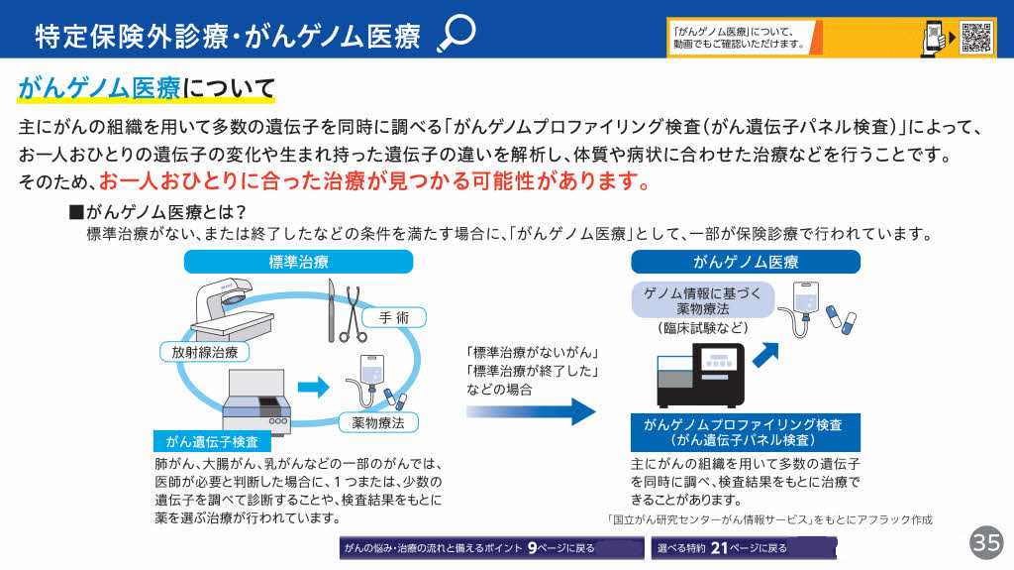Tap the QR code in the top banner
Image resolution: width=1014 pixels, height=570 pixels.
(976, 37)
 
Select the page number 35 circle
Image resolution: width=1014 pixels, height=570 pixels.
(986, 542)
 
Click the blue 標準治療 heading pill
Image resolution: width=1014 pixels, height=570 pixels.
(298, 262)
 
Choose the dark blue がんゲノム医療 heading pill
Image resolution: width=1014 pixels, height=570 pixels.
(746, 262)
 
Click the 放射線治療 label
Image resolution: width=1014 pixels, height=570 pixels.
(205, 351)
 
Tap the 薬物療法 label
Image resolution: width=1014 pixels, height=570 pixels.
(377, 422)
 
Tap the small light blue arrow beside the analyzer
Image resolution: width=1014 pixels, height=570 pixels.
(313, 387)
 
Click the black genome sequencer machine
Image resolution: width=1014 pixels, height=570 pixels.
(699, 376)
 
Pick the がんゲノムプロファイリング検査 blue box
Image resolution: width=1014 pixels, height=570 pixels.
(744, 431)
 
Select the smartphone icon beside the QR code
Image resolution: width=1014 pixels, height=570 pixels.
(933, 37)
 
